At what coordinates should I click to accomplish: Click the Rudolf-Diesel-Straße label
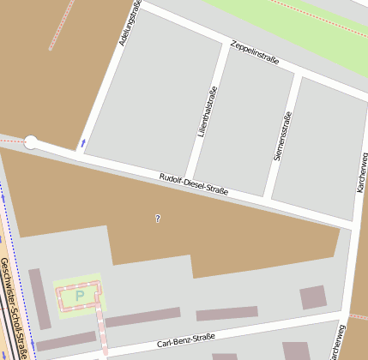coord(194,184)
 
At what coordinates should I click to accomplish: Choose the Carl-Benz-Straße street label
coord(185,339)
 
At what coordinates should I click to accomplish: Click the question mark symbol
coord(158,219)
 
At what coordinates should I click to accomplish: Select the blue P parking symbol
coord(80,297)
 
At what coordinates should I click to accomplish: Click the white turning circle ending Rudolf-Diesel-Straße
coord(31,143)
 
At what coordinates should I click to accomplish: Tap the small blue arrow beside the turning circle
coord(83,142)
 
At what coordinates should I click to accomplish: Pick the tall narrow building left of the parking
coord(39,298)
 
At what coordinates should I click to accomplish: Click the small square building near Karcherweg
coord(312,297)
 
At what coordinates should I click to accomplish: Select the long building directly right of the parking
coord(142,318)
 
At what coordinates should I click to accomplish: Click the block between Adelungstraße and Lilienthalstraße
coord(148,94)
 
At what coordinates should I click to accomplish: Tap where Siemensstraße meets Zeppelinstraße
coord(299,75)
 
